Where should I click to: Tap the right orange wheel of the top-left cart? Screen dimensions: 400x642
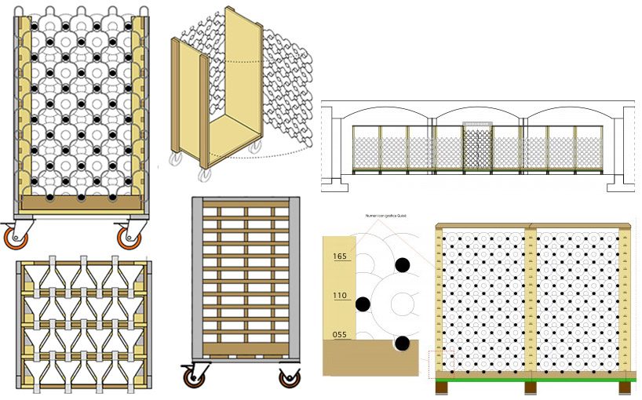[x=129, y=237]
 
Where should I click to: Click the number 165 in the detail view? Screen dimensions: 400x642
[x=340, y=256]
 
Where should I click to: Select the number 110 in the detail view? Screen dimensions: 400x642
[x=340, y=295]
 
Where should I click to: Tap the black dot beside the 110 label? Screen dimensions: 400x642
[x=363, y=303]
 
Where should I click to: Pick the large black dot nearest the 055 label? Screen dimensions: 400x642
[x=403, y=343]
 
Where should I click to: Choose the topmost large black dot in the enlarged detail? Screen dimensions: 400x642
[x=403, y=265]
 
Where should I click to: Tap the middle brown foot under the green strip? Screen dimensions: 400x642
[x=531, y=387]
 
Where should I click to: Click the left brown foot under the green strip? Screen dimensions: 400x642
[x=441, y=387]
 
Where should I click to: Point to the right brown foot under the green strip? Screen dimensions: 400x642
[x=625, y=387]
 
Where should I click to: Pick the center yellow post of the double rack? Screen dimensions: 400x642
[x=531, y=298]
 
